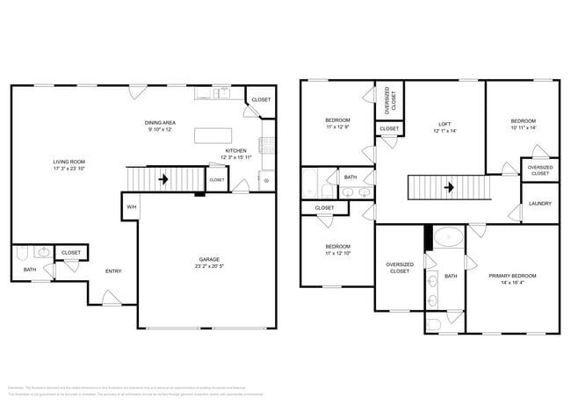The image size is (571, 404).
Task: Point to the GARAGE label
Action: [208, 259]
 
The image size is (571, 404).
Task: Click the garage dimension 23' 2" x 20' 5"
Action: [208, 266]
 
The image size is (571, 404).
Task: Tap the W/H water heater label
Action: [131, 207]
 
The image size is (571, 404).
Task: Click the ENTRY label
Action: [113, 271]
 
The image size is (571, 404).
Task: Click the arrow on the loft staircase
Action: [449, 187]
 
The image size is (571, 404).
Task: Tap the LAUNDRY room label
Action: [539, 204]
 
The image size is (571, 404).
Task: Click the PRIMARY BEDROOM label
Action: [512, 276]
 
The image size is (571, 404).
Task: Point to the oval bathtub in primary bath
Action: [450, 237]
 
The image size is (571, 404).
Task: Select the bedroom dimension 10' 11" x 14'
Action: [523, 128]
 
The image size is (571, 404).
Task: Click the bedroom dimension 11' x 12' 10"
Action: [338, 254]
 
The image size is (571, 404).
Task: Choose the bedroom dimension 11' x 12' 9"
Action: [338, 127]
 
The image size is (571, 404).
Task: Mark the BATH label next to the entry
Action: [29, 270]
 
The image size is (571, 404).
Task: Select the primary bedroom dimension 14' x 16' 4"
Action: [512, 283]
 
